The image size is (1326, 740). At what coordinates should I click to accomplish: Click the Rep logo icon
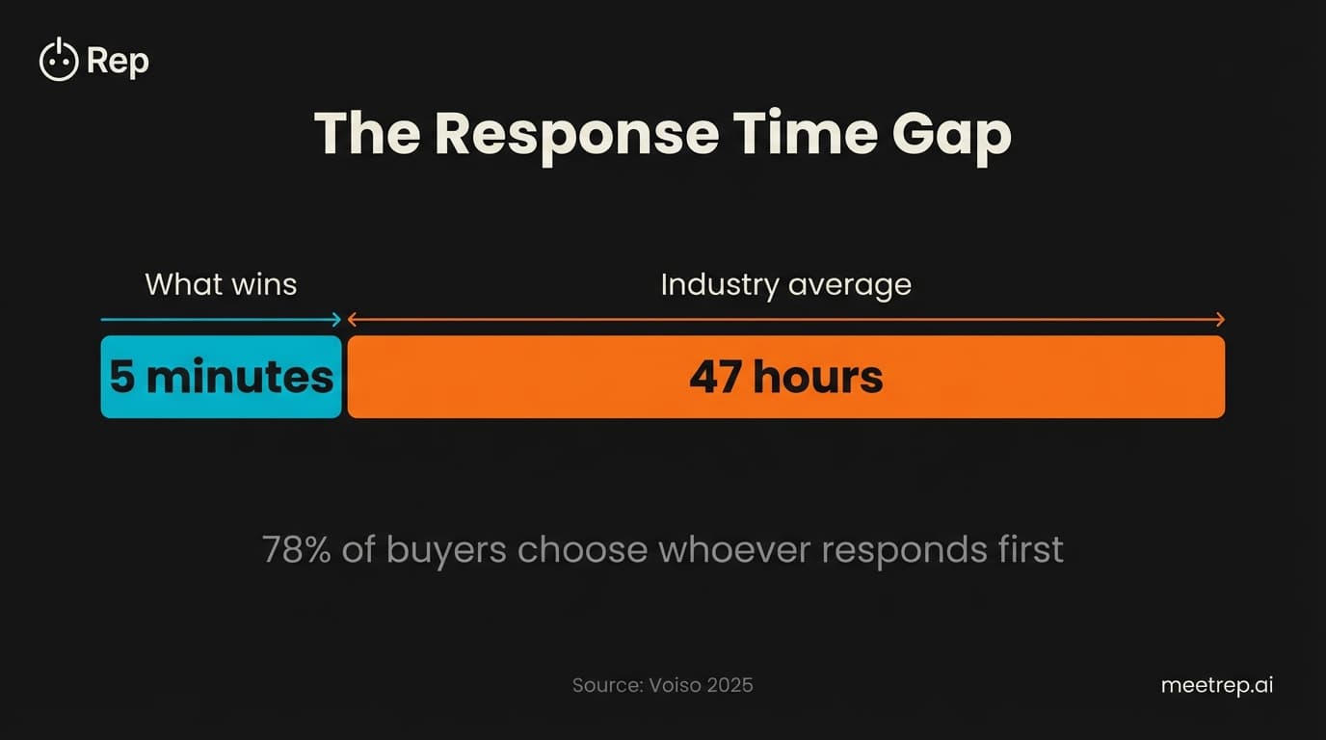58,61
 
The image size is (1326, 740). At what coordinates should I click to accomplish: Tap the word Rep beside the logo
118,62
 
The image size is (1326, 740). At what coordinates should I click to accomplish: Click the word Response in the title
576,134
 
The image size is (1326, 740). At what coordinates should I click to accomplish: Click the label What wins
221,284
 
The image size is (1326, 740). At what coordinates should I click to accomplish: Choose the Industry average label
785,285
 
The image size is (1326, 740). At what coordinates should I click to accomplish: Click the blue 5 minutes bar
221,377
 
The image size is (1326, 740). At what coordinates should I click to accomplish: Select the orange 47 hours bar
1012,377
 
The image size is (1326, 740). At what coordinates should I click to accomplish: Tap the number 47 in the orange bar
715,377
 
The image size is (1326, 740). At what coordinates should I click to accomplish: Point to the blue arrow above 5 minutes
221,320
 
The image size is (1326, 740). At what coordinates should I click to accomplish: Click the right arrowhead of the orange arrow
1219,320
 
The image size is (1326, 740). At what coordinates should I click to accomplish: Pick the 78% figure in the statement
296,550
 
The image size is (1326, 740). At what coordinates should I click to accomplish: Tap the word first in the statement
1031,550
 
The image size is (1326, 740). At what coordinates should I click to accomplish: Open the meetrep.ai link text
1217,685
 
